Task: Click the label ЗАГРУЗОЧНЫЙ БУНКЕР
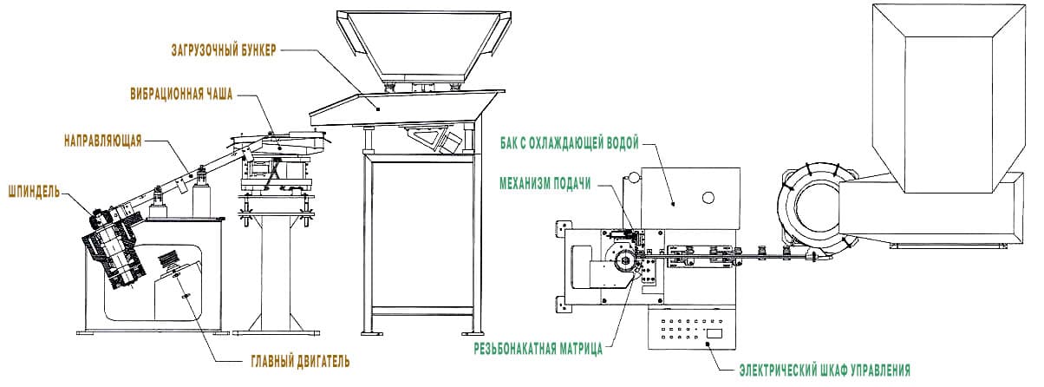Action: coord(224,50)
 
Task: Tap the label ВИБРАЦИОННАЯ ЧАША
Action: coord(181,95)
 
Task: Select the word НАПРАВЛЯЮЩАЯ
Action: coord(103,141)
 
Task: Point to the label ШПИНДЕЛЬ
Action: coord(34,192)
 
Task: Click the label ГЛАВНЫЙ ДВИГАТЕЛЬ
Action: coord(301,361)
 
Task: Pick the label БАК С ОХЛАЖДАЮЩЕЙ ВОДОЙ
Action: coord(570,143)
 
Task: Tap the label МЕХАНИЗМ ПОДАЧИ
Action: coord(545,184)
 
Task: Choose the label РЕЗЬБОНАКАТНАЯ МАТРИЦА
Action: coord(538,348)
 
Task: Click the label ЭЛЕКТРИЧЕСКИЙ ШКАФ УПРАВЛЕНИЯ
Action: coord(825,371)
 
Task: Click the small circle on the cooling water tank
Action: coord(708,198)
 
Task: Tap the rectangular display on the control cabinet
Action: coord(714,333)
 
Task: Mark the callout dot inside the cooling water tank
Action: coord(673,204)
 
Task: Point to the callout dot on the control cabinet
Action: coord(708,344)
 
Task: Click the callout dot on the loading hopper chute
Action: coord(378,108)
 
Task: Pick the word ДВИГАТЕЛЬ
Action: coord(323,361)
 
